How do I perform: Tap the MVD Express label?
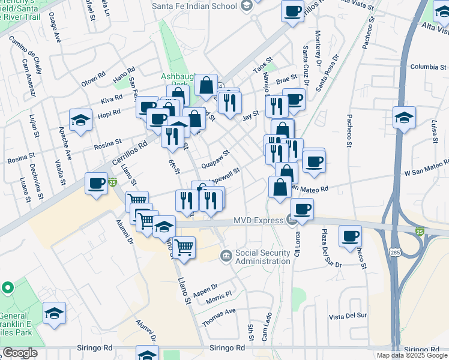[258, 220]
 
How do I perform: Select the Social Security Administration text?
[262, 257]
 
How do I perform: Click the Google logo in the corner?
[20, 353]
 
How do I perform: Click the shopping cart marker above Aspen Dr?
[184, 245]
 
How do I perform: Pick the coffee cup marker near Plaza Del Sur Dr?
[350, 236]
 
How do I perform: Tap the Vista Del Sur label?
[348, 316]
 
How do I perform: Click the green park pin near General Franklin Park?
[7, 288]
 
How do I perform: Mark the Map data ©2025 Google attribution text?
[412, 355]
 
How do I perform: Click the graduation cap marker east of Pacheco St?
[405, 118]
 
